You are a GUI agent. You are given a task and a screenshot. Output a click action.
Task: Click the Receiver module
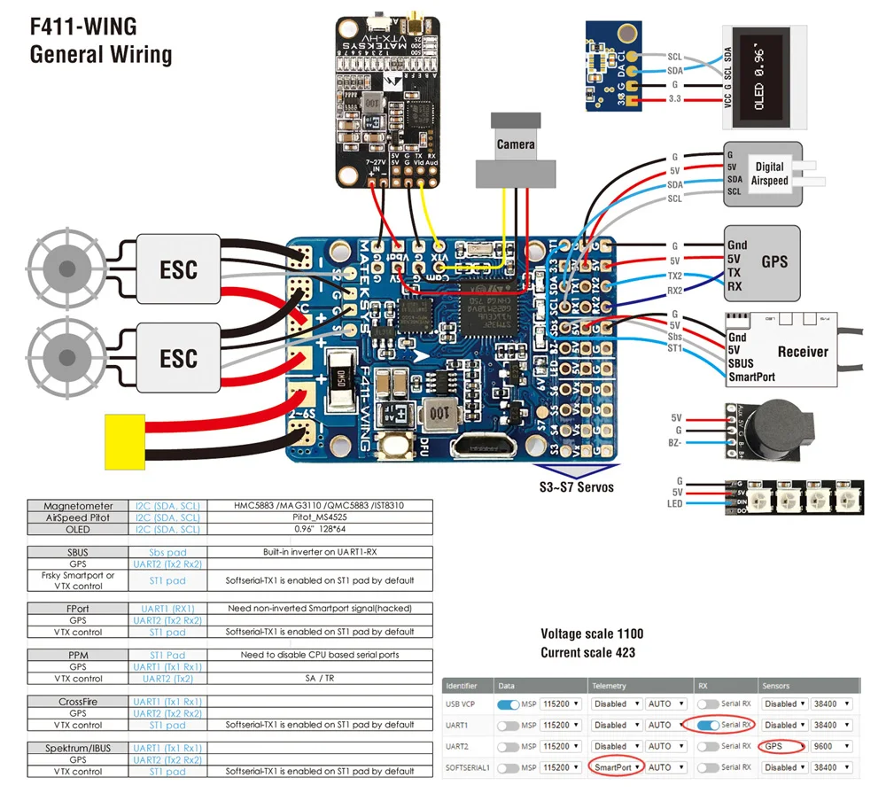[x=780, y=351]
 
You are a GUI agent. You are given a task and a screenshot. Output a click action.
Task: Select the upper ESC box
[x=177, y=269]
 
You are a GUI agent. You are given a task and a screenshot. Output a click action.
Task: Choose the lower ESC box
[x=177, y=358]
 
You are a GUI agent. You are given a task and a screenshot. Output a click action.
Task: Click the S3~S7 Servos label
[x=577, y=486]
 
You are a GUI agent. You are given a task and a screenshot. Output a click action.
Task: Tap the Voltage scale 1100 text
[x=592, y=634]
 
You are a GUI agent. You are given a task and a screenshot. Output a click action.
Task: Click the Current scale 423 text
[x=587, y=653]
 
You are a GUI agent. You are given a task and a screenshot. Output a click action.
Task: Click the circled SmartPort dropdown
[x=617, y=767]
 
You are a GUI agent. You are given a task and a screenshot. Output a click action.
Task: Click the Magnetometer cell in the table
[x=79, y=505]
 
